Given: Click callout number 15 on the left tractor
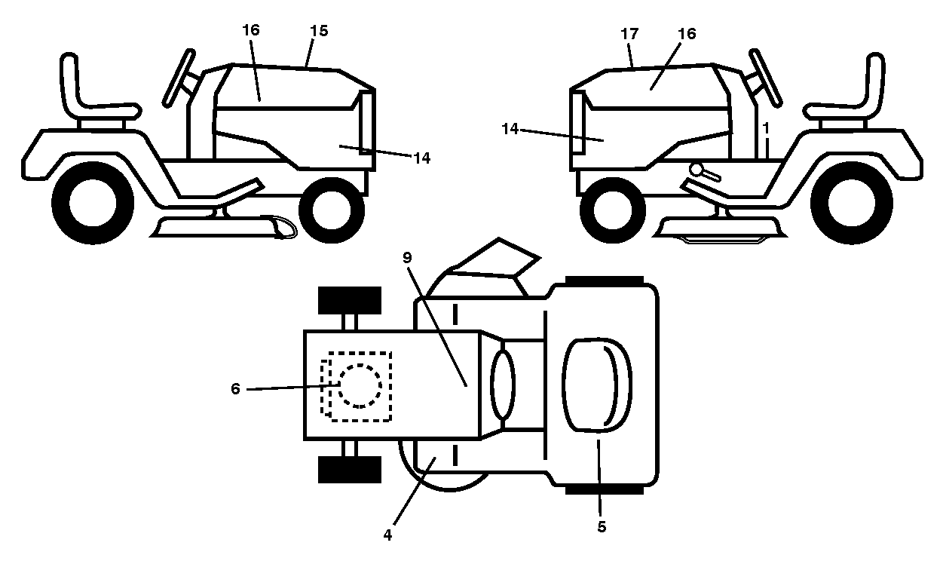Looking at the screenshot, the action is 319,31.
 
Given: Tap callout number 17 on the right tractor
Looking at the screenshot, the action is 629,34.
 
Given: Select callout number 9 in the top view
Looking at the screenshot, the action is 406,257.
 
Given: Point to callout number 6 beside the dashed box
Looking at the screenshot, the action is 235,388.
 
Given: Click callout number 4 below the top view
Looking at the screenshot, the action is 387,535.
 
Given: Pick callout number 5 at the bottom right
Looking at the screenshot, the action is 602,526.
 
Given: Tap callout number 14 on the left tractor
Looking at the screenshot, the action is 421,158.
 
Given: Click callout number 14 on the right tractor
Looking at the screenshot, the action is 510,129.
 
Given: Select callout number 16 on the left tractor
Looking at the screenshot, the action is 251,30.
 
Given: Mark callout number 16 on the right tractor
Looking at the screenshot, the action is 687,34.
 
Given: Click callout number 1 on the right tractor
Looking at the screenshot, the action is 766,127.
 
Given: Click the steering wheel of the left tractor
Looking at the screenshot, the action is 179,78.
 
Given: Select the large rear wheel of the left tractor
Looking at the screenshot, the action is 93,203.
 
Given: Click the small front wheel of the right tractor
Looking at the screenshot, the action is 613,210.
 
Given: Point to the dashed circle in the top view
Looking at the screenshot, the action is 360,386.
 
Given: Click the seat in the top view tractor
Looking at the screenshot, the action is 598,385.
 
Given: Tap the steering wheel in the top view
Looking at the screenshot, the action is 503,385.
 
